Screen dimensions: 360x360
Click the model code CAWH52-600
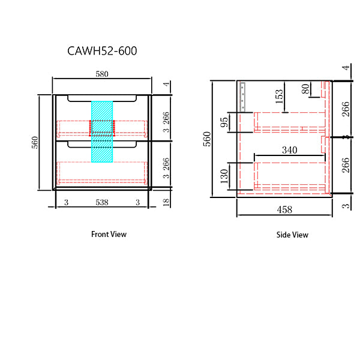tap(102, 52)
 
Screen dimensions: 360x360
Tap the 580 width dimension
tap(102, 74)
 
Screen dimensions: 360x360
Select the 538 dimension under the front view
tap(102, 203)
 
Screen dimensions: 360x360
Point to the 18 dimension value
tap(166, 202)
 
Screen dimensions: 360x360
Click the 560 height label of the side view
tap(208, 139)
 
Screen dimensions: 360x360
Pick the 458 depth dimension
tap(284, 209)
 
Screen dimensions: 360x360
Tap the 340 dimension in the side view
tap(289, 151)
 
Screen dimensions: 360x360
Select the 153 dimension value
tap(279, 97)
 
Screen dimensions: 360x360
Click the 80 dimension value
tap(306, 89)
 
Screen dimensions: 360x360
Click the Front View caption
tap(109, 234)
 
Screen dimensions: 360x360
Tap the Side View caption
tap(292, 235)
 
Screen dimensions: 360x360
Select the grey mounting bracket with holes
tap(243, 96)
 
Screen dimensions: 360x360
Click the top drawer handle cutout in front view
tap(102, 97)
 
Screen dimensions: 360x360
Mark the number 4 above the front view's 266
tap(166, 85)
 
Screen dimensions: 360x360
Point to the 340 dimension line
tap(289, 158)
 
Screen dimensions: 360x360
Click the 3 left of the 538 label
tap(66, 203)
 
